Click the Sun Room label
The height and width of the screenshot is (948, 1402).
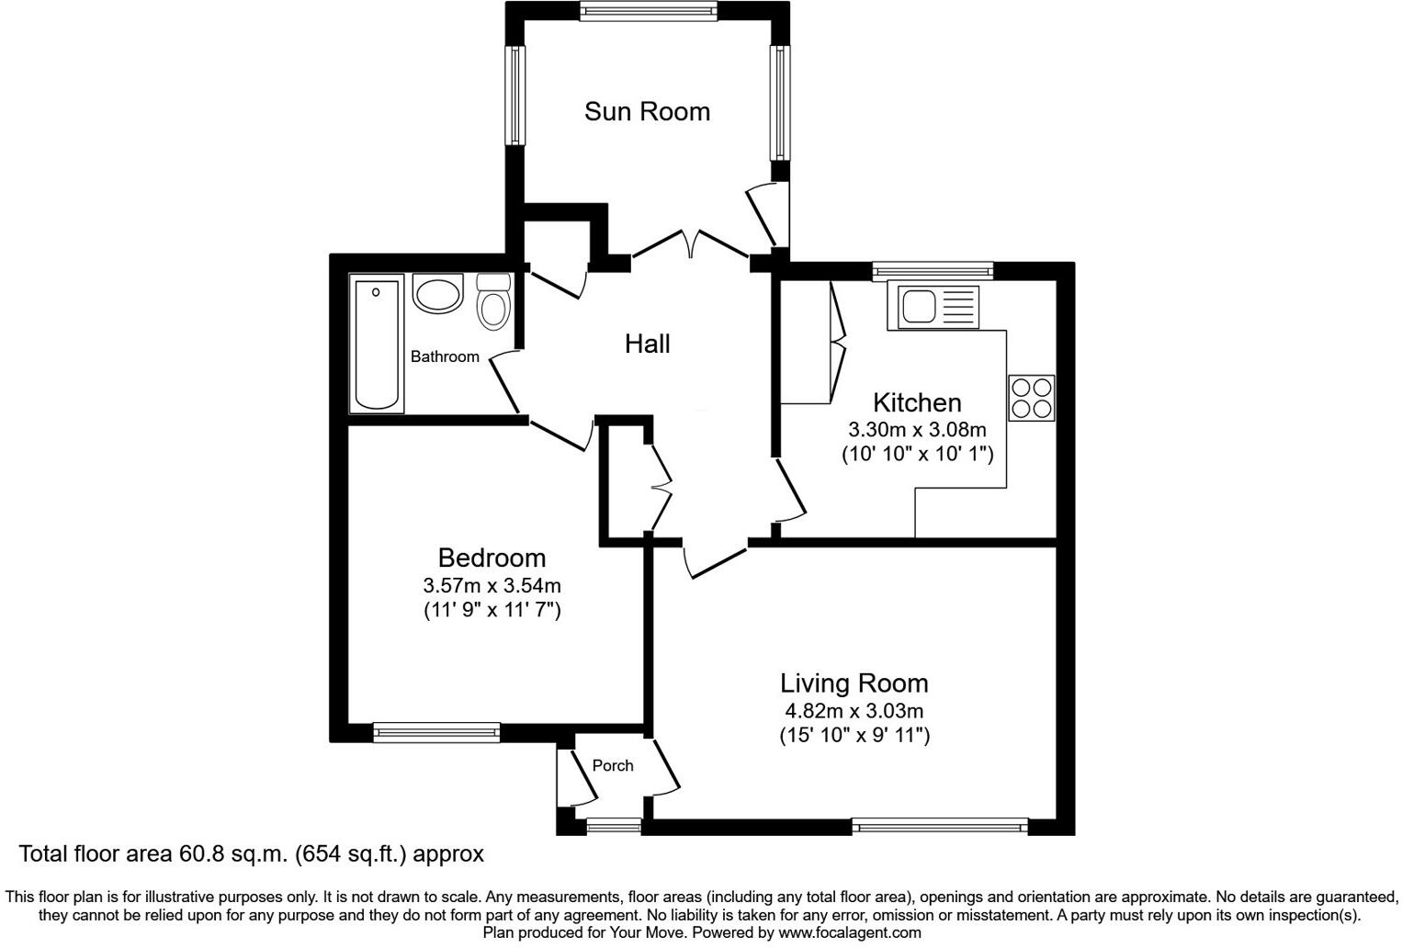[647, 111]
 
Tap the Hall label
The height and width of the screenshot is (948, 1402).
[647, 344]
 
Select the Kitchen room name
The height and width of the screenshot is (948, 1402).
[916, 402]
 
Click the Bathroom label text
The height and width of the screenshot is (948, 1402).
[445, 356]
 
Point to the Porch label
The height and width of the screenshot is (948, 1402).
[612, 765]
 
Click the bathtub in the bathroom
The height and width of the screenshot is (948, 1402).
[377, 345]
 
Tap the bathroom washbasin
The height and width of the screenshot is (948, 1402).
[438, 294]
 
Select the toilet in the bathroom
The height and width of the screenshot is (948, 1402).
[494, 301]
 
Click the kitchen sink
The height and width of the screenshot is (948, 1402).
[933, 307]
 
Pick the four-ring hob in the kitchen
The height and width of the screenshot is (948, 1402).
[1031, 398]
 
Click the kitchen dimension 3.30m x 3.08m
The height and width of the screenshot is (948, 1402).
[916, 429]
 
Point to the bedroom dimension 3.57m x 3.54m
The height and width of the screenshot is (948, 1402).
[492, 585]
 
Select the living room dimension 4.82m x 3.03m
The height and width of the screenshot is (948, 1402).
[854, 710]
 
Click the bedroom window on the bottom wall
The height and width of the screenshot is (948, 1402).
[436, 732]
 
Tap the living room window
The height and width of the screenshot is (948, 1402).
[939, 826]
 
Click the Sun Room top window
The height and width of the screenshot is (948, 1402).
[648, 11]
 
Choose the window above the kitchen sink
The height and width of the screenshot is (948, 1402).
[933, 270]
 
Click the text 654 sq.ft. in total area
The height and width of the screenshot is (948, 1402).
[351, 854]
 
